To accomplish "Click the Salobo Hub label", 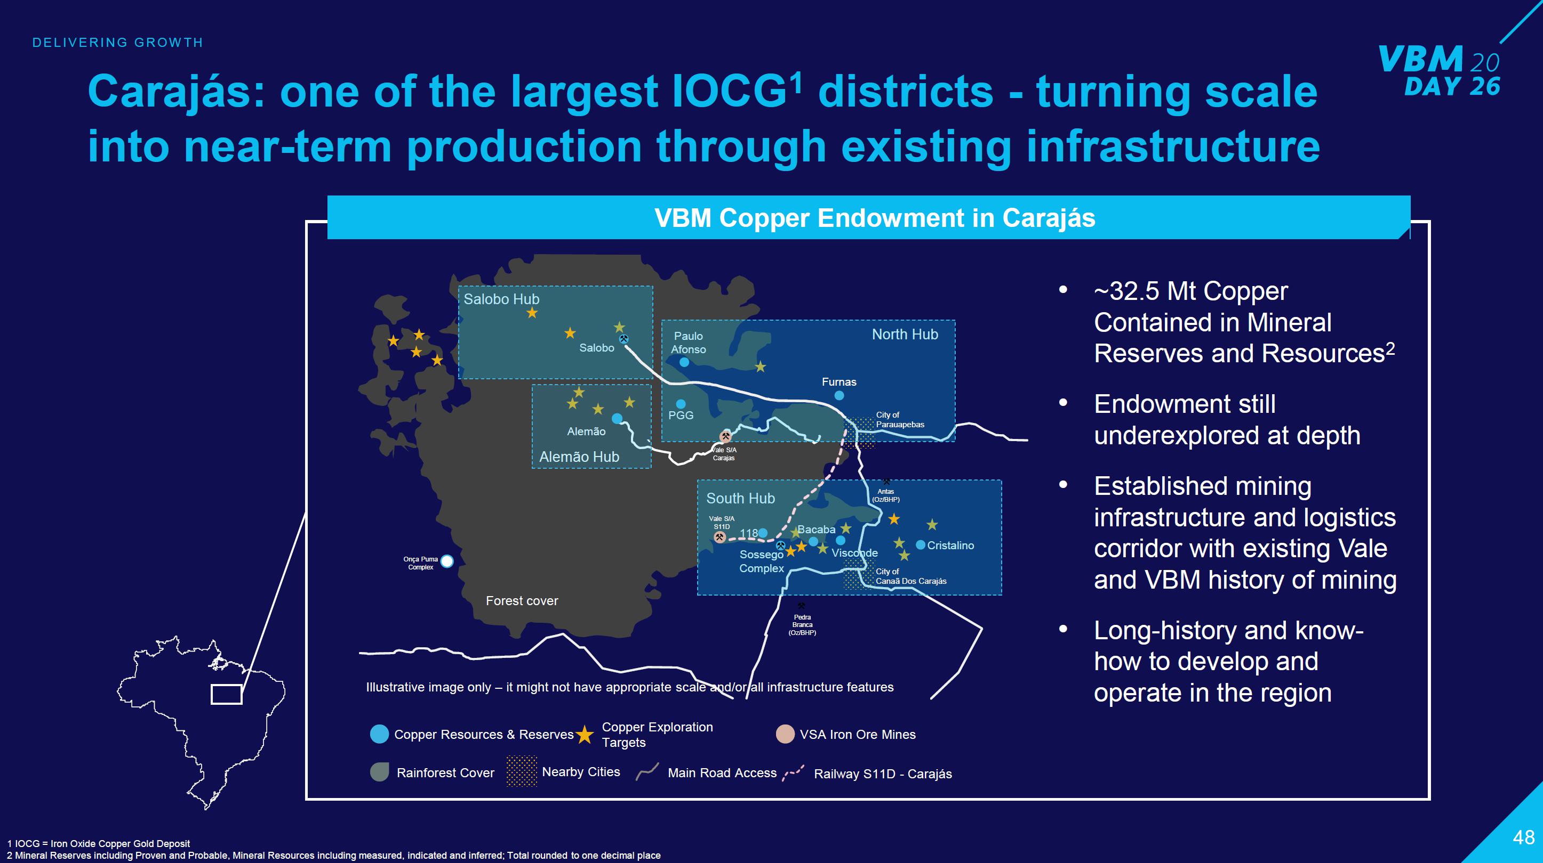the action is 501,299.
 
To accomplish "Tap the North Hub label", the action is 905,335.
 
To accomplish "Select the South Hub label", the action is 740,499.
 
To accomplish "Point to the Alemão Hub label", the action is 579,457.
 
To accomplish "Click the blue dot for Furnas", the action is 839,396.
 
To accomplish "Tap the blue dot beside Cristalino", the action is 921,544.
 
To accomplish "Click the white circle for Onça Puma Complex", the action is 447,561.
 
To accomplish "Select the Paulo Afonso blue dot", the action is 684,362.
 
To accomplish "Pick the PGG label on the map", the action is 681,416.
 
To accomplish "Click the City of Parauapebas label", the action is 900,420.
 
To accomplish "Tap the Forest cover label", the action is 522,601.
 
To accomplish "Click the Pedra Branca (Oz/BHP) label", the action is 802,625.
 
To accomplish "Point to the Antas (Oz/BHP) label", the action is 886,495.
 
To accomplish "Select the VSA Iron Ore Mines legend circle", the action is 785,734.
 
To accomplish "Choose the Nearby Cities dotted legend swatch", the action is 521,771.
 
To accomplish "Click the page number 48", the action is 1524,837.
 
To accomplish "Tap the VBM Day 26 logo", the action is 1440,71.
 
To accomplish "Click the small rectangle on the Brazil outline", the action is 227,694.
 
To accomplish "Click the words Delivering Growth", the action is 118,43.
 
